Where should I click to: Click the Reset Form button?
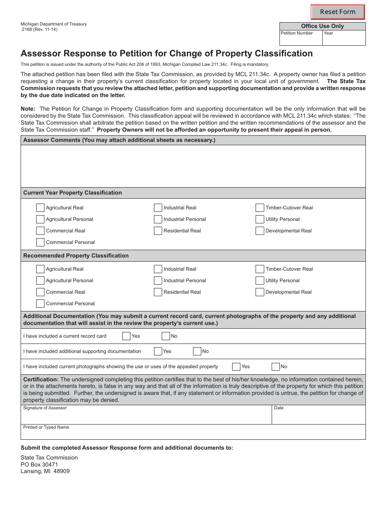[x=337, y=12]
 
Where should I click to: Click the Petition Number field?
[x=301, y=39]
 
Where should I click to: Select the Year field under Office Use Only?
[x=344, y=39]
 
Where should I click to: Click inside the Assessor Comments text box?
[x=193, y=166]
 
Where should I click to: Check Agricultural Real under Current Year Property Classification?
[x=40, y=208]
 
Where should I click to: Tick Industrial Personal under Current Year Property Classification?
[x=158, y=219]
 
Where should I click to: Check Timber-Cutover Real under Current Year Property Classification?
[x=260, y=208]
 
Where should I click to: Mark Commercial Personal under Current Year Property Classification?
[x=40, y=242]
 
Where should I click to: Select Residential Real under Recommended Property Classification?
[x=158, y=292]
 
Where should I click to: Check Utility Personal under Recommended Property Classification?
[x=260, y=281]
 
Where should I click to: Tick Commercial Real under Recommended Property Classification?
[x=40, y=292]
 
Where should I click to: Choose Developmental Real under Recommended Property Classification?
[x=260, y=292]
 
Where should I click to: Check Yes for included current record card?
[x=126, y=336]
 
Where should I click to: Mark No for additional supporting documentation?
[x=197, y=351]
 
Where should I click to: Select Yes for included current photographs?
[x=236, y=367]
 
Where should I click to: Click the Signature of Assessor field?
[x=146, y=416]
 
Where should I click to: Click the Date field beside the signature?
[x=319, y=416]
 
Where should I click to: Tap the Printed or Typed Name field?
[x=193, y=434]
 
